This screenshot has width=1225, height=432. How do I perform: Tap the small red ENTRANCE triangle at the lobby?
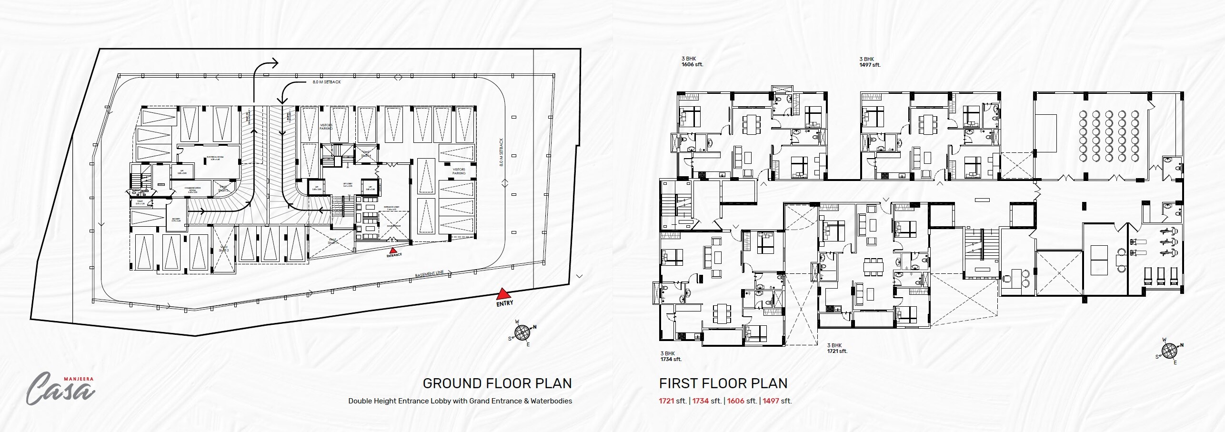pos(392,250)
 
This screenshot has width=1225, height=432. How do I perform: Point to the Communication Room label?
pos(193,190)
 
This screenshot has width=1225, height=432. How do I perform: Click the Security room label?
pos(176,220)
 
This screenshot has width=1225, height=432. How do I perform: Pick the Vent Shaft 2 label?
pos(224,249)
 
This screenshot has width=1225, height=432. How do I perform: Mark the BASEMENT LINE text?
pos(429,274)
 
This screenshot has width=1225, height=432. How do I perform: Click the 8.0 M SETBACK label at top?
pos(326,82)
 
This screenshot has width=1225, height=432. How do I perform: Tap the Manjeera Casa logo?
pos(61,388)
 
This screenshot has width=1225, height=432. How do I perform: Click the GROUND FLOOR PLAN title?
pos(497,383)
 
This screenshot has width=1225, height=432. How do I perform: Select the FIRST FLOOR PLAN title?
pos(723,383)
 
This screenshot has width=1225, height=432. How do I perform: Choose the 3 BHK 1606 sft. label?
pos(692,61)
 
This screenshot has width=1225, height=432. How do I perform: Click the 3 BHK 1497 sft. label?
pos(870,62)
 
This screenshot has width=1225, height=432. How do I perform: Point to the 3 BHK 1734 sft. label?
pos(671,356)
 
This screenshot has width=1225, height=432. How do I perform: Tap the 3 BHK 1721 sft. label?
pos(837,348)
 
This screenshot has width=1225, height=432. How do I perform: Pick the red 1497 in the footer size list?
pos(771,401)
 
